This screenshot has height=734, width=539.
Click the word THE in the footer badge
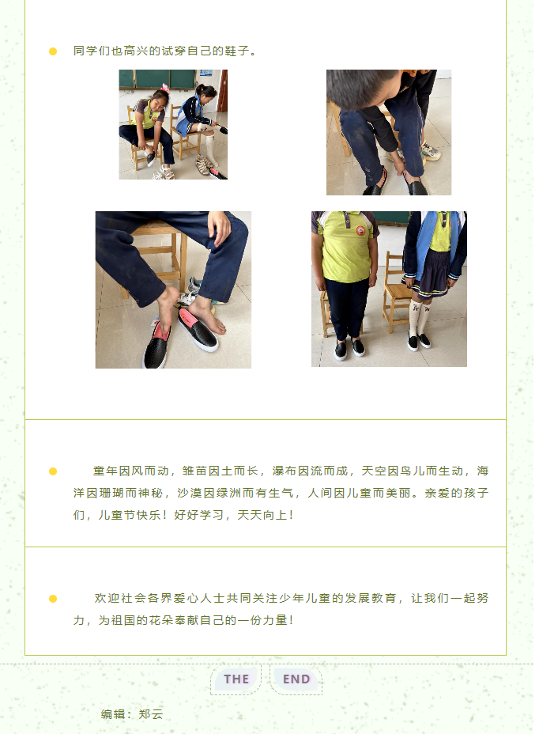236,679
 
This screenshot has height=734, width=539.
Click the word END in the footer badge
296,679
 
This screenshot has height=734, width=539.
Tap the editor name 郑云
151,714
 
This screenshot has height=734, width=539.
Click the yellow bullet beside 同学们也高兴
53,51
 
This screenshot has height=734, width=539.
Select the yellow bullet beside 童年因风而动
53,471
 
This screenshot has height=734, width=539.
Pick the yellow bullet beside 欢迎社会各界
53,599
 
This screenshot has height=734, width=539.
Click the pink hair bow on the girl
164,88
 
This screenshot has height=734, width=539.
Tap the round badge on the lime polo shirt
360,230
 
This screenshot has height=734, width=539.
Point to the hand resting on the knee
220,228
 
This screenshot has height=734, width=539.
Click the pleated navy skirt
428,274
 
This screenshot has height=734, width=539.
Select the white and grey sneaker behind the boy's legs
431,151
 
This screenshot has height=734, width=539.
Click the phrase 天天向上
262,515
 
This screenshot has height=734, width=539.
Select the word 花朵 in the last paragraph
161,620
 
